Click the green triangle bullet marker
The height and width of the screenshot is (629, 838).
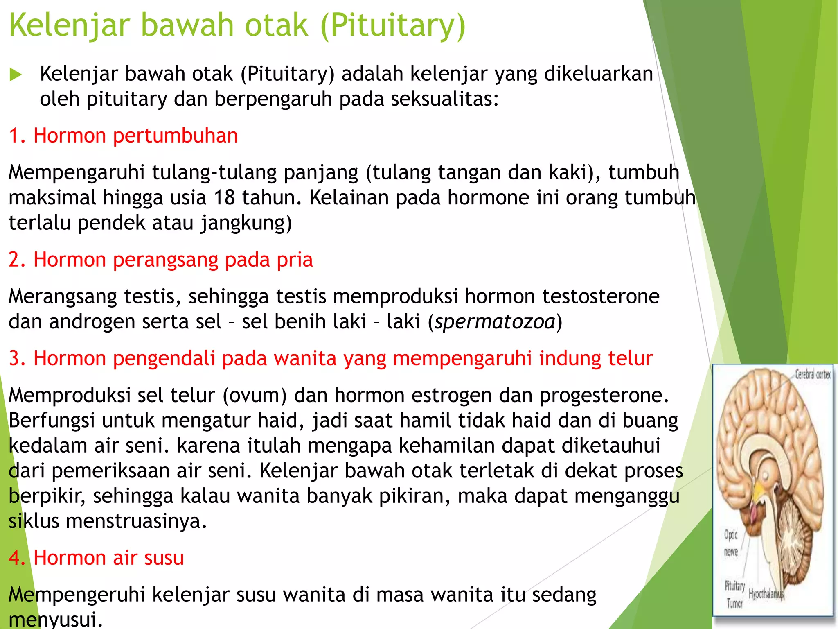16,75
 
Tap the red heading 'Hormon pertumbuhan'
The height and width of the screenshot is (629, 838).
135,136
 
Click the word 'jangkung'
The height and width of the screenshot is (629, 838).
243,223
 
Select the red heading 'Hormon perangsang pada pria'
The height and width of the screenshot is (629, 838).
173,260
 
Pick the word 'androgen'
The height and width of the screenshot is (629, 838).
95,322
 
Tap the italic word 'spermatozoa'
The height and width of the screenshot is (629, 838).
495,322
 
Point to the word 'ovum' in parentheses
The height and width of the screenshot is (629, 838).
255,396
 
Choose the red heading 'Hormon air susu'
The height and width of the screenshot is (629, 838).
108,558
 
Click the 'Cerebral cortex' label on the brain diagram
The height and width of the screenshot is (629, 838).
812,374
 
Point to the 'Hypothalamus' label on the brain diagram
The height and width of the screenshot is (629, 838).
766,594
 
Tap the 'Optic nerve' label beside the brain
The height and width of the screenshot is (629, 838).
731,543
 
